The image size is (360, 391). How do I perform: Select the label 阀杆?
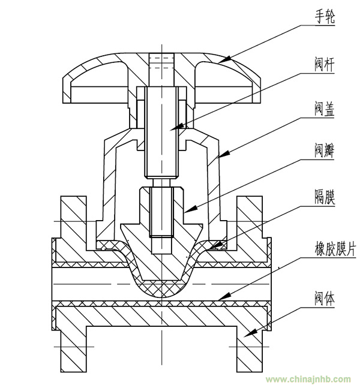[x=324, y=65]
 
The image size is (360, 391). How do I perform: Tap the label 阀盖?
[x=324, y=109]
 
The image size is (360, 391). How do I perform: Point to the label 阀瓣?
[x=324, y=151]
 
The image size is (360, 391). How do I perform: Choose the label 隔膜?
[x=325, y=197]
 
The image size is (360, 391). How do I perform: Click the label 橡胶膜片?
[x=335, y=248]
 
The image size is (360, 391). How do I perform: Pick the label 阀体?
[x=324, y=298]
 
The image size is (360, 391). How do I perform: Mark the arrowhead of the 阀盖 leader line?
[x=224, y=154]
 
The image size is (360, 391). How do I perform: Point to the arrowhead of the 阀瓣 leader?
[x=190, y=209]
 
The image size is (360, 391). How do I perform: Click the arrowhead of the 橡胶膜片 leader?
[x=223, y=296]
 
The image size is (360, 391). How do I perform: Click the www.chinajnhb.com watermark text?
[x=308, y=379]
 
